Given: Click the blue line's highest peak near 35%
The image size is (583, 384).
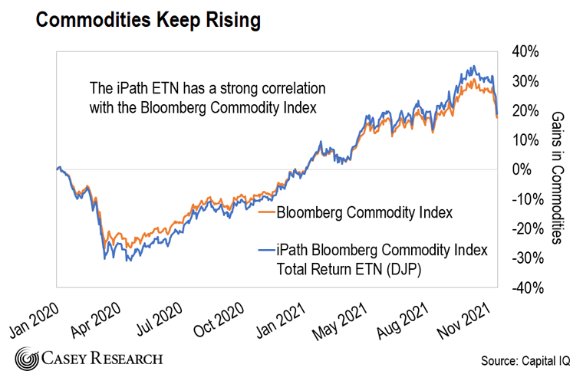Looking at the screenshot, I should [475, 66].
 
